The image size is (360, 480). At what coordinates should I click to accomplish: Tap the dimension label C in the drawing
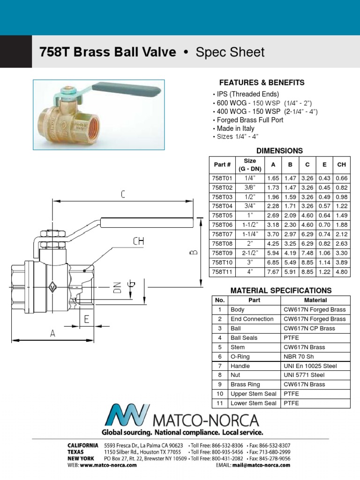pos(123,195)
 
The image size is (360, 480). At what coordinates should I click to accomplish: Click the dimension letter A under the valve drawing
pos(53,333)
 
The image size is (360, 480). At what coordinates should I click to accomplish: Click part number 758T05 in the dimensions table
pos(222,215)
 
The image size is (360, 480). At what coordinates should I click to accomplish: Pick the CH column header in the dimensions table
pos(341,165)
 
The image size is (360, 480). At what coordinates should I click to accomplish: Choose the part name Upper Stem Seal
pos(253,394)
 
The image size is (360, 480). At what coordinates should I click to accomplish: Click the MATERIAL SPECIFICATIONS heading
pos(281,290)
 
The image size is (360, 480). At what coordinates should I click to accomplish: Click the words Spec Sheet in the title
pos(230,52)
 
